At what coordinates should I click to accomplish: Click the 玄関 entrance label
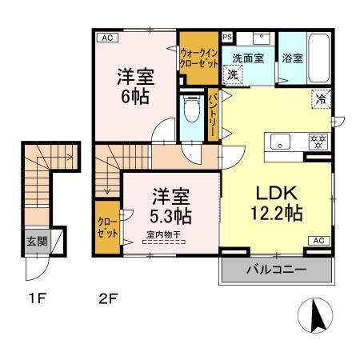[x=34, y=240]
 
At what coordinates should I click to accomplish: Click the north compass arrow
[x=318, y=317]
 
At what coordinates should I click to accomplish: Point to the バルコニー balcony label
[x=275, y=270]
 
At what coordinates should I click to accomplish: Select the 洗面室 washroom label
[x=247, y=58]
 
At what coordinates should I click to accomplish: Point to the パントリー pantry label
[x=214, y=113]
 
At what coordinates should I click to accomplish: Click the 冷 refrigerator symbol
[x=320, y=100]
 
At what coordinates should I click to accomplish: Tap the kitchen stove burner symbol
[x=318, y=143]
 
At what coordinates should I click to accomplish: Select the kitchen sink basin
[x=282, y=143]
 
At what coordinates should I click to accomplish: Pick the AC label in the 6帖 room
[x=106, y=38]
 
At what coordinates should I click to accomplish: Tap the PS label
[x=227, y=37]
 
